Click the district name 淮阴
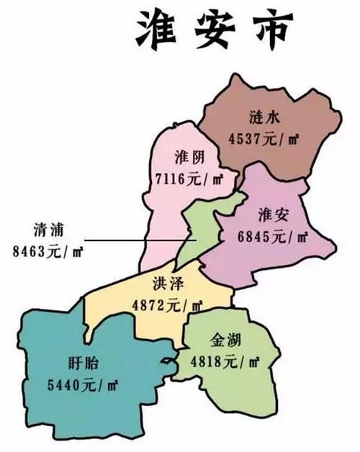pyautogui.click(x=190, y=157)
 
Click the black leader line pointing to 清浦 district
pyautogui.click(x=137, y=240)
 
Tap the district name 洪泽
pyautogui.click(x=166, y=285)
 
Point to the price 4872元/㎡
pyautogui.click(x=166, y=304)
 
